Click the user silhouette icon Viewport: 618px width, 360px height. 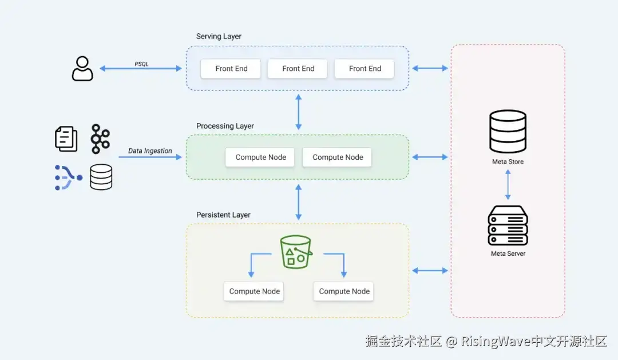point(82,69)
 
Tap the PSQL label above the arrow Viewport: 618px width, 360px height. point(141,64)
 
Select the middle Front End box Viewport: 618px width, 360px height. point(298,69)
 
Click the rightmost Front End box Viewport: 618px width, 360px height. point(365,69)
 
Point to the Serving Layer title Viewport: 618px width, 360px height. point(219,37)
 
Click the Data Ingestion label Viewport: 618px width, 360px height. point(150,151)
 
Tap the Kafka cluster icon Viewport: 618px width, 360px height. point(100,139)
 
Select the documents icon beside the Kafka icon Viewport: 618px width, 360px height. point(66,139)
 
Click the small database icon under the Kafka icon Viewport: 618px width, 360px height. point(101,177)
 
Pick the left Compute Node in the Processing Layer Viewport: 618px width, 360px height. point(260,157)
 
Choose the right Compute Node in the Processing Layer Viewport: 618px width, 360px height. point(338,157)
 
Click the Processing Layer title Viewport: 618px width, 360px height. point(225,126)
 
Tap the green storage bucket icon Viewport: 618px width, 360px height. point(295,252)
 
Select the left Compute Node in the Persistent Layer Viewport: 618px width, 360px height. point(254,291)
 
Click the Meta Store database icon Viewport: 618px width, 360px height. point(508,131)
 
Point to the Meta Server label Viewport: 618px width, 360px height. point(508,254)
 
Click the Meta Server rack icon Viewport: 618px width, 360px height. point(508,226)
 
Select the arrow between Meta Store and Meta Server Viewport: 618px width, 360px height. point(508,184)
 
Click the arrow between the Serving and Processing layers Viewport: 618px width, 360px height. point(298,113)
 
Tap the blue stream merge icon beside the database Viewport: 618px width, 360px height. point(68,177)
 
